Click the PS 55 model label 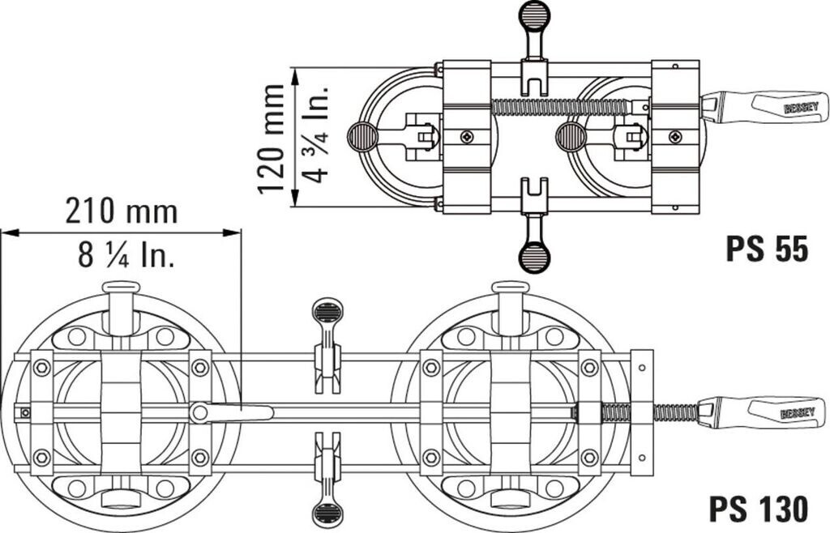(x=766, y=249)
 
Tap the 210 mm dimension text (x=122, y=212)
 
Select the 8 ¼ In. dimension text (x=127, y=255)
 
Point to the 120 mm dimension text (x=272, y=138)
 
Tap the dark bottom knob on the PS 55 (x=534, y=258)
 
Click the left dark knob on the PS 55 (x=362, y=138)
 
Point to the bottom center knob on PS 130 (x=327, y=514)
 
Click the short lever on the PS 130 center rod (x=231, y=412)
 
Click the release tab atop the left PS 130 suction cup (x=122, y=287)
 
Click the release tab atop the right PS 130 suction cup (x=511, y=287)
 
